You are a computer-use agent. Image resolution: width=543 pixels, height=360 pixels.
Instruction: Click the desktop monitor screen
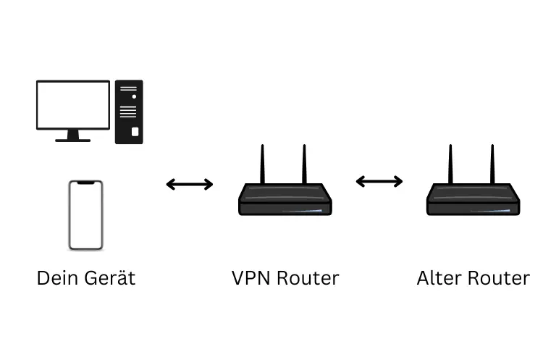point(73,104)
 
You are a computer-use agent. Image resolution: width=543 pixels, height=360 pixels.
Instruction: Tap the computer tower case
point(128,112)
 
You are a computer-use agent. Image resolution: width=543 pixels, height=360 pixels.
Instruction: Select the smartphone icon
point(85,215)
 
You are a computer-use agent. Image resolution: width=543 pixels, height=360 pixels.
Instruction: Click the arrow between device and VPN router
point(190,185)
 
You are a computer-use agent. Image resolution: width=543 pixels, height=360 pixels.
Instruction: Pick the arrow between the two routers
point(379,182)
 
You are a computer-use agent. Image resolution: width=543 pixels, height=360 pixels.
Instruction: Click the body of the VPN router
point(285,199)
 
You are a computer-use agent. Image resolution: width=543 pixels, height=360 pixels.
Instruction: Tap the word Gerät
point(108,278)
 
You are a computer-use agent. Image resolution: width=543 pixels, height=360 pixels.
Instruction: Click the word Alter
point(437,278)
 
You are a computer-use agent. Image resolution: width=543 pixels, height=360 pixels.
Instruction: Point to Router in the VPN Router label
point(308,278)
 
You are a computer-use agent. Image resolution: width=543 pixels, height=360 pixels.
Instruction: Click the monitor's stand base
point(73,139)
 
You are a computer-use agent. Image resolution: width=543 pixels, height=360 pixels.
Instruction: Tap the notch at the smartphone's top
point(85,183)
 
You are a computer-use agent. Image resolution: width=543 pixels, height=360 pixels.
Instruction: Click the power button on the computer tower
point(134,132)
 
